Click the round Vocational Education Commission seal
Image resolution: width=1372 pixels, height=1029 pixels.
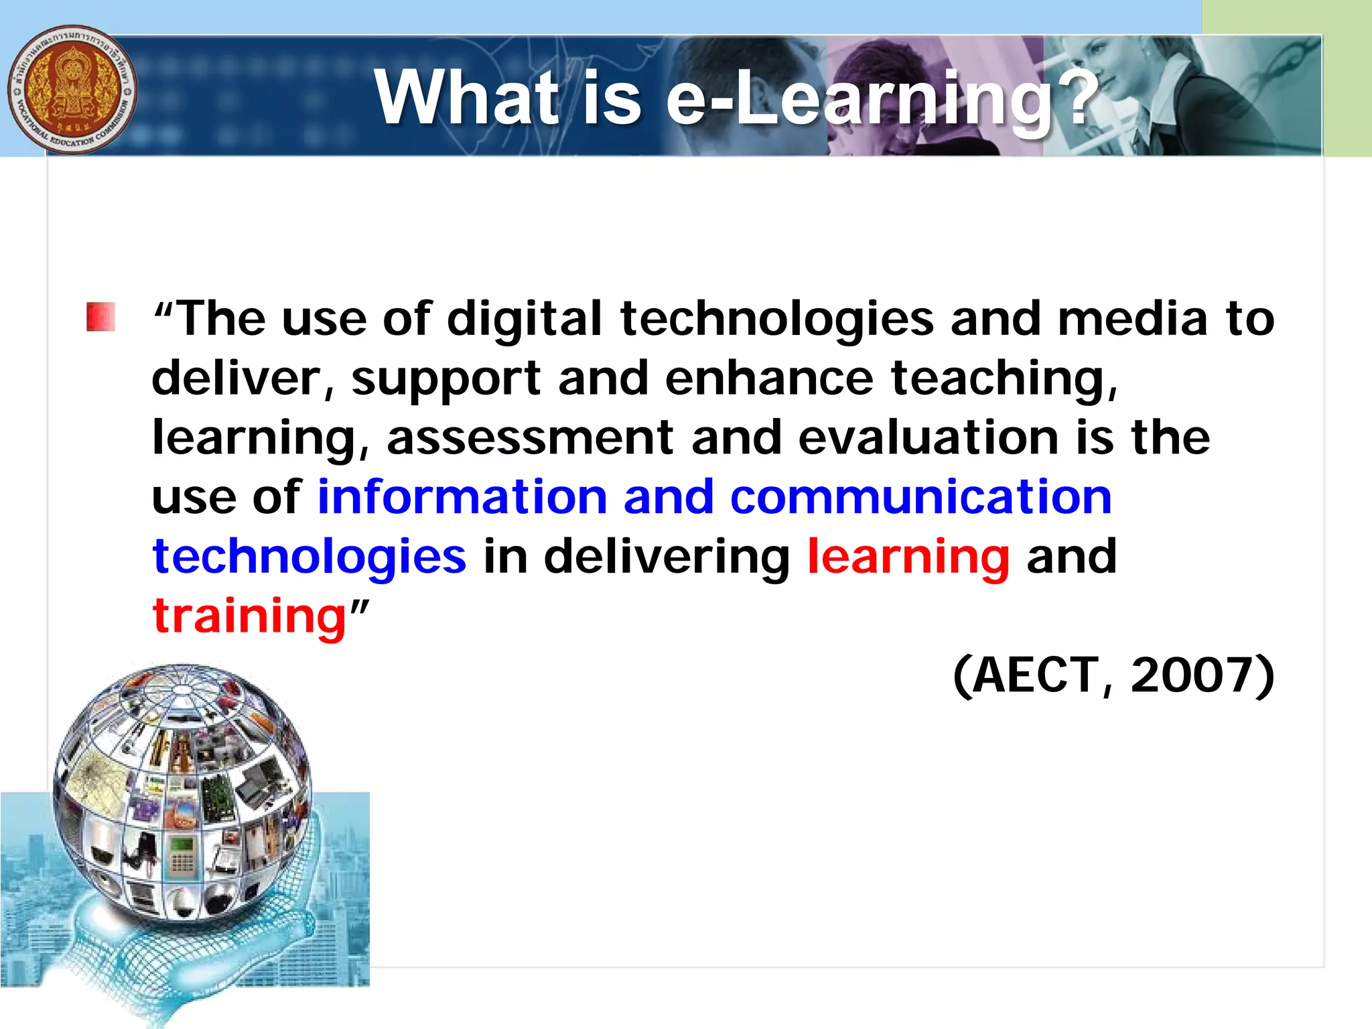72,90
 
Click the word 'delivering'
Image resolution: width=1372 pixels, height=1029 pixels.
667,557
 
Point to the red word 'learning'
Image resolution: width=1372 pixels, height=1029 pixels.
908,557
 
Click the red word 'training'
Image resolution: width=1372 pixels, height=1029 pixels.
249,616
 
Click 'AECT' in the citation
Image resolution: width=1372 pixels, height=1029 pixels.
1035,675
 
